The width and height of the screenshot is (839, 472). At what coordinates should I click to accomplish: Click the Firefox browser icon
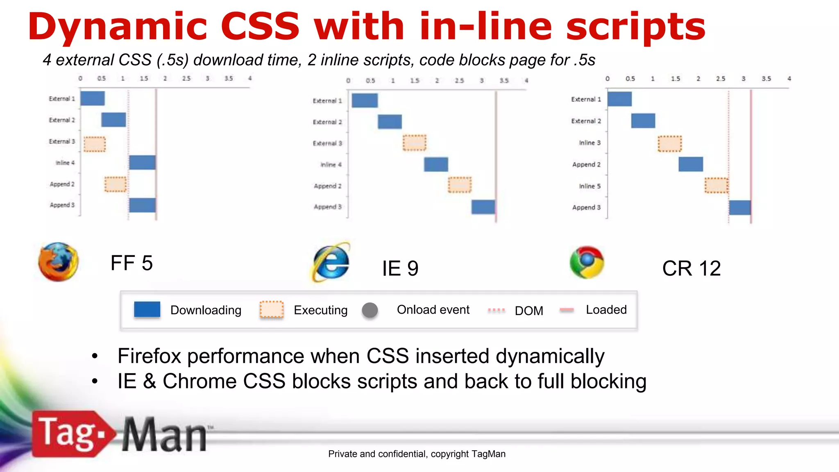coord(58,262)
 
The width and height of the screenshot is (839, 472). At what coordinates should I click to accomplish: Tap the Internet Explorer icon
coord(331,263)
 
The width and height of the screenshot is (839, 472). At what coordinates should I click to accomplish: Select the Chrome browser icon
coord(587,262)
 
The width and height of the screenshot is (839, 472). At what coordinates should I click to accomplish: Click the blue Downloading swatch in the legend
coord(147,309)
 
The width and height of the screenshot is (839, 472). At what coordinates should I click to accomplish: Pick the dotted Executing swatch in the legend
coord(271,309)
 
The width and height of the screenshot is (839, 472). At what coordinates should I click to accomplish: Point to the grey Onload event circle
coord(370,310)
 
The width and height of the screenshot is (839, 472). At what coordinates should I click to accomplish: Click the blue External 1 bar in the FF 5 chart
coord(93,98)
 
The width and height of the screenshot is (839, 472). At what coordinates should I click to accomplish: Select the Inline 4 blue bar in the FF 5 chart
coord(142,162)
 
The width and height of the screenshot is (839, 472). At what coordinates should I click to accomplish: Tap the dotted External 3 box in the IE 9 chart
coord(414,143)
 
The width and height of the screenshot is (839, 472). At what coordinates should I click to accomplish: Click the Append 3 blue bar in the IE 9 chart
coord(483,207)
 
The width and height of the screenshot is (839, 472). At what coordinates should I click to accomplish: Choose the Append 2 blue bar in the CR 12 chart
coord(691,164)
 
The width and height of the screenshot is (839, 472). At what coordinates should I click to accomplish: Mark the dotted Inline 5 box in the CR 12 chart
coord(716,186)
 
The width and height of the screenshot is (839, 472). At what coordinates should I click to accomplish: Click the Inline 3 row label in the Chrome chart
coord(590,143)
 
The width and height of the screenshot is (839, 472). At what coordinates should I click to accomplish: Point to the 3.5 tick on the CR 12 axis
coord(766,79)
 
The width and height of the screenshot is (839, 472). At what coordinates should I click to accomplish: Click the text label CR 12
coord(691,268)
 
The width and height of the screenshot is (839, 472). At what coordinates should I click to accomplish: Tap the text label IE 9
coord(400,268)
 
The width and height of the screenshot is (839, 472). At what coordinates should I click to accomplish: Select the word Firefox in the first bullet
coord(149,356)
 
